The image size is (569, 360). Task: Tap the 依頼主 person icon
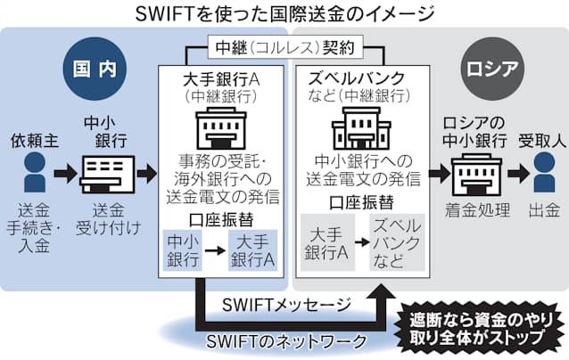pyautogui.click(x=33, y=168)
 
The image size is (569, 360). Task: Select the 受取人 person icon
pyautogui.click(x=540, y=168)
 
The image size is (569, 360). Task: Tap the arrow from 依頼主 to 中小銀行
pyautogui.click(x=65, y=169)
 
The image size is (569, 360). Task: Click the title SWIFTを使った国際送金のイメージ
pyautogui.click(x=284, y=13)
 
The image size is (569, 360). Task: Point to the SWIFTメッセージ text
pyautogui.click(x=283, y=304)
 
